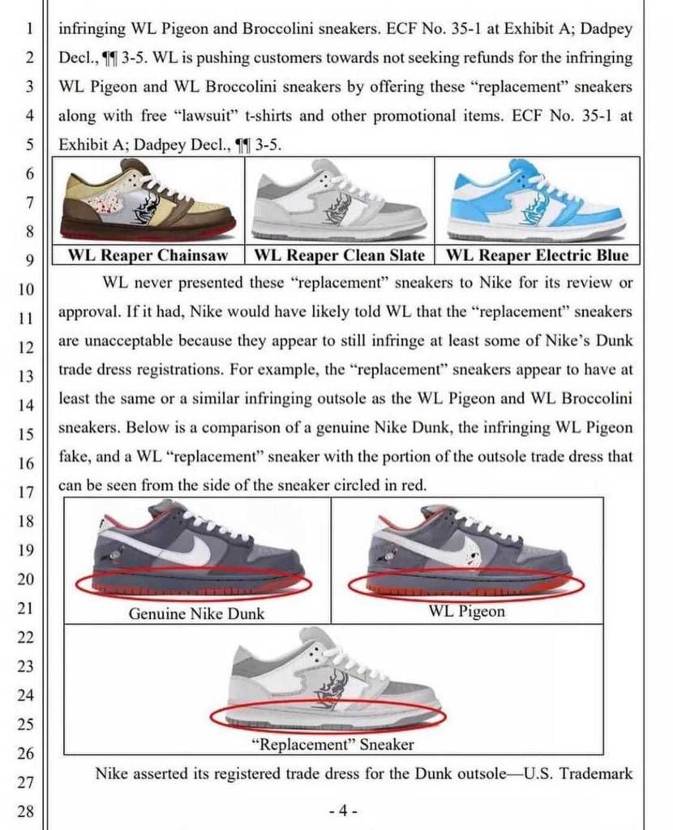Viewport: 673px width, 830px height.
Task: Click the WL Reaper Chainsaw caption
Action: (150, 255)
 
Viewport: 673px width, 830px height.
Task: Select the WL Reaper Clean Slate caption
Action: (340, 255)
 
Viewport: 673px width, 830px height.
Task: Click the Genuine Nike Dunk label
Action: (196, 614)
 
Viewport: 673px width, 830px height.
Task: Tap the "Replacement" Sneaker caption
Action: (332, 743)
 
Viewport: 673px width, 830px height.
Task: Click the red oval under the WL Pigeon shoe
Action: (466, 584)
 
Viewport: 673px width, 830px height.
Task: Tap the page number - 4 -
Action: (344, 811)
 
